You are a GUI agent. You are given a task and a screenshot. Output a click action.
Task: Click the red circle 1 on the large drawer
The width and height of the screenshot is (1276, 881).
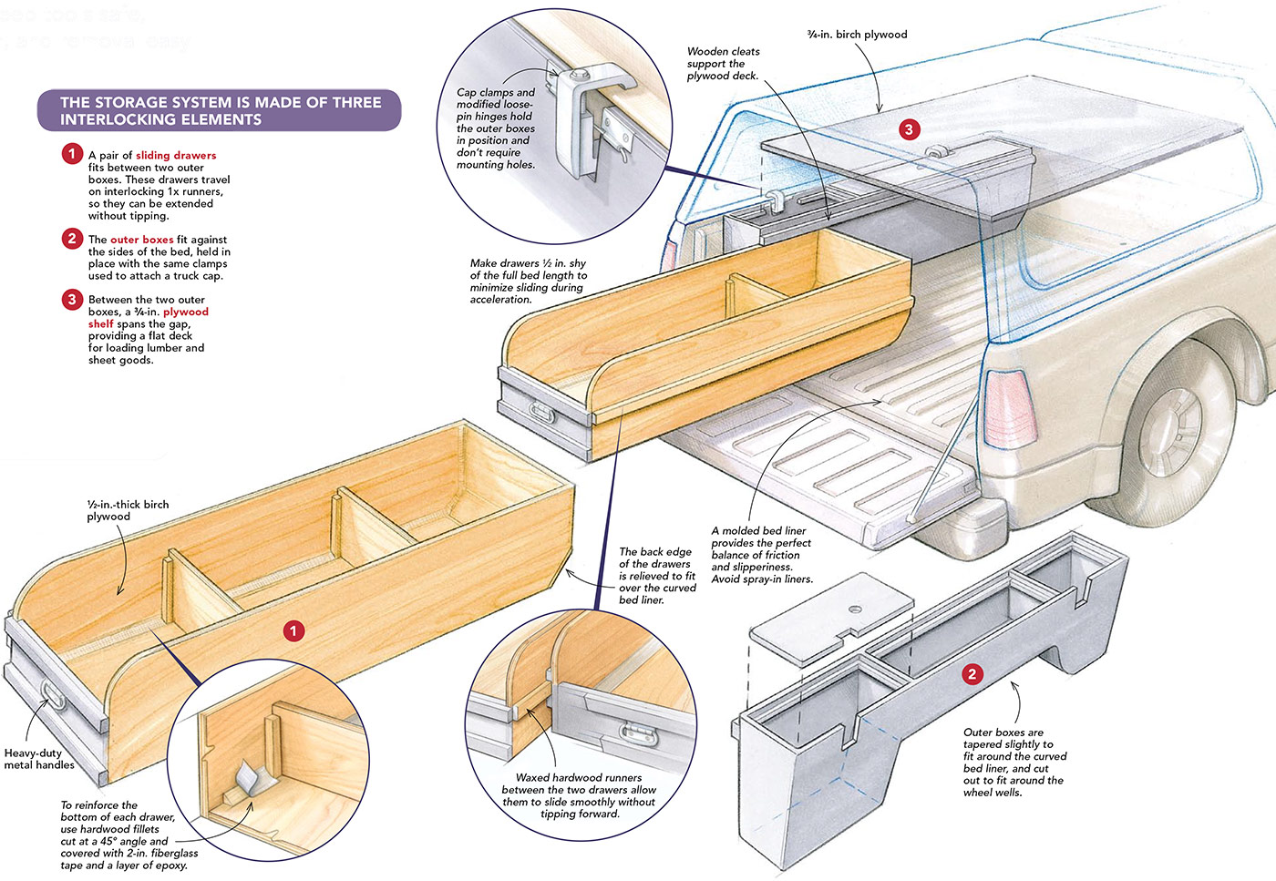[293, 630]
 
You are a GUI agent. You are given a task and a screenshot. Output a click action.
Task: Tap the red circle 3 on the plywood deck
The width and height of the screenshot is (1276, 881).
[908, 129]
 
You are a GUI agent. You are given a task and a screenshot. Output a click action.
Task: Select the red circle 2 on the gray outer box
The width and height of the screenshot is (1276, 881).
[972, 674]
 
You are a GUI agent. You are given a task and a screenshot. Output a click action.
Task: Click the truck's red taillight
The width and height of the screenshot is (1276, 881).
[1009, 407]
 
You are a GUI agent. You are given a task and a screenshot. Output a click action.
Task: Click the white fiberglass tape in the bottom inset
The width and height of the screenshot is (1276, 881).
[247, 778]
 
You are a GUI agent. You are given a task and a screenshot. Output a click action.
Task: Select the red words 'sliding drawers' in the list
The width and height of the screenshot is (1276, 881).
[176, 155]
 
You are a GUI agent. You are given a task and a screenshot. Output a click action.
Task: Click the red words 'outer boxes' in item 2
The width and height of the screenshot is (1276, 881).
[141, 240]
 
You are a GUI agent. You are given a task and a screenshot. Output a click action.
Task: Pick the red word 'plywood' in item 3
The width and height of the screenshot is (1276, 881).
[186, 312]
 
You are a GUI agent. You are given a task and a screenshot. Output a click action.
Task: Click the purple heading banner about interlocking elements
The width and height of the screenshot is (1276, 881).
[219, 110]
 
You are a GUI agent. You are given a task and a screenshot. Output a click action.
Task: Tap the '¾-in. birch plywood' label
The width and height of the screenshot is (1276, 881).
[857, 35]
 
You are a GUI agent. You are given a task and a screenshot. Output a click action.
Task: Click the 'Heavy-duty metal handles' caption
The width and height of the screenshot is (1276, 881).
[38, 759]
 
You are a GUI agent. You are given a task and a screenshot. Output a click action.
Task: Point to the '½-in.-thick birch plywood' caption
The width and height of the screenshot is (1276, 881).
[128, 510]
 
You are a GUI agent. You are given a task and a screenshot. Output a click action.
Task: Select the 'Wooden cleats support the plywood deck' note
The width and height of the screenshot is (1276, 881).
[723, 64]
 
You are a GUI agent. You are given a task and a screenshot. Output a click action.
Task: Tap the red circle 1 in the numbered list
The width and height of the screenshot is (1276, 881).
[72, 154]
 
